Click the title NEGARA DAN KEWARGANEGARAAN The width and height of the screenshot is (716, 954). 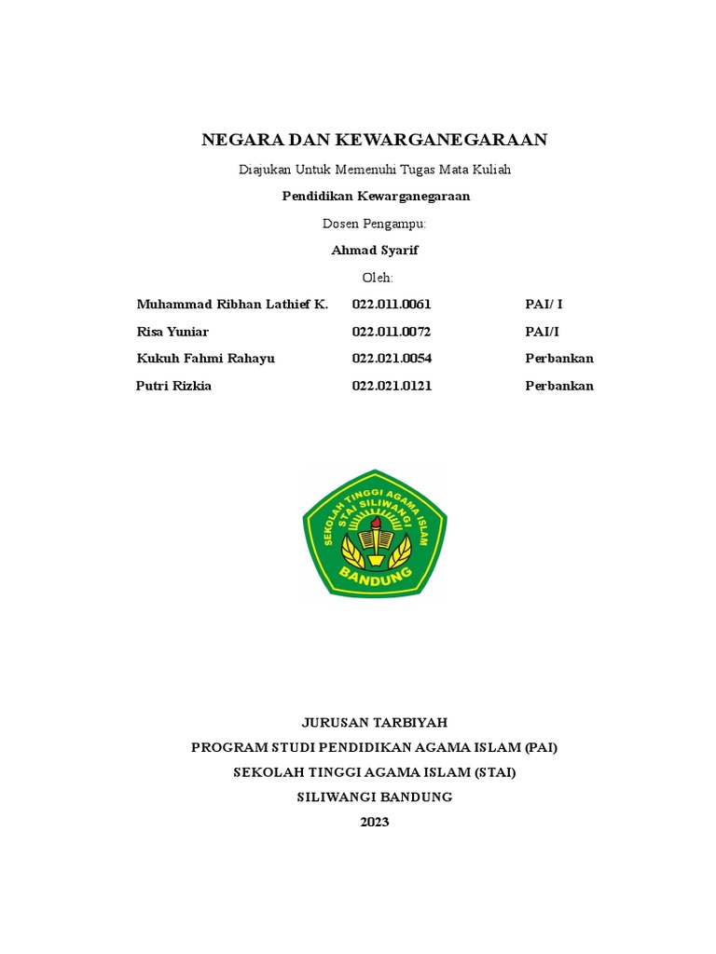click(x=375, y=141)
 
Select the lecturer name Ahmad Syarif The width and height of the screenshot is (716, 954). click(x=376, y=251)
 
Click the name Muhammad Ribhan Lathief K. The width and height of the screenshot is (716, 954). click(x=232, y=305)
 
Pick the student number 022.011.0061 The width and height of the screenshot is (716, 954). click(x=392, y=305)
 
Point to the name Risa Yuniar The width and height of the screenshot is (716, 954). click(x=172, y=332)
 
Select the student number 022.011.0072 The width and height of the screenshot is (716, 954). click(x=392, y=332)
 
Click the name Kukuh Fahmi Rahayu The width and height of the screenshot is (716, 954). click(x=205, y=359)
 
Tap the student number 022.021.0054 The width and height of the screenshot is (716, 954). click(x=392, y=359)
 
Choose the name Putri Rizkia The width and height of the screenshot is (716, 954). click(x=173, y=386)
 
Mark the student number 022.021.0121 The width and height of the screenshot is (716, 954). click(x=392, y=386)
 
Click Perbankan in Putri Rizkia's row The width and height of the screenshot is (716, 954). click(x=559, y=386)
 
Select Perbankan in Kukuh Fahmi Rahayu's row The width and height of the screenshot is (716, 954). click(x=559, y=359)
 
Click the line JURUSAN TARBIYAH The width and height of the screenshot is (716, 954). click(x=375, y=722)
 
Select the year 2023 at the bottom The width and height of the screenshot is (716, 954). click(x=375, y=822)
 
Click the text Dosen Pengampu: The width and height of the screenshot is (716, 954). click(x=375, y=224)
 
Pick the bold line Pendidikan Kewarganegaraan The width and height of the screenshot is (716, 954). click(x=376, y=197)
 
